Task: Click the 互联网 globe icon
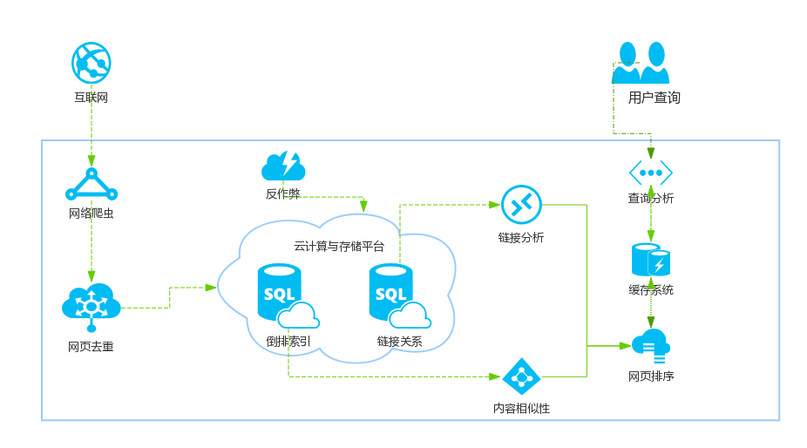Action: [x=92, y=63]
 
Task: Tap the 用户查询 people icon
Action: [x=641, y=63]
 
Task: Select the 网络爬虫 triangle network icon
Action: [x=92, y=185]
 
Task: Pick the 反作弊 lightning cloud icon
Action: [x=283, y=166]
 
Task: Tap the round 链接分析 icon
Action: [x=521, y=205]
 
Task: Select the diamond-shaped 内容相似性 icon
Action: [x=521, y=377]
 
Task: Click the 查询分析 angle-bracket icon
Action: [x=651, y=173]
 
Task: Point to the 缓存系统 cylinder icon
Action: [x=651, y=261]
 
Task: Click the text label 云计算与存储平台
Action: [x=339, y=247]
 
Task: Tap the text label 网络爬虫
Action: [x=92, y=214]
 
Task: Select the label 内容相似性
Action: [x=521, y=408]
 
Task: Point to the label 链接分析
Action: [x=521, y=237]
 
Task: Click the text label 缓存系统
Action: [x=651, y=289]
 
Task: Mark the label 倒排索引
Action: [x=288, y=341]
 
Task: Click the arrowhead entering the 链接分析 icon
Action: [x=495, y=205]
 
